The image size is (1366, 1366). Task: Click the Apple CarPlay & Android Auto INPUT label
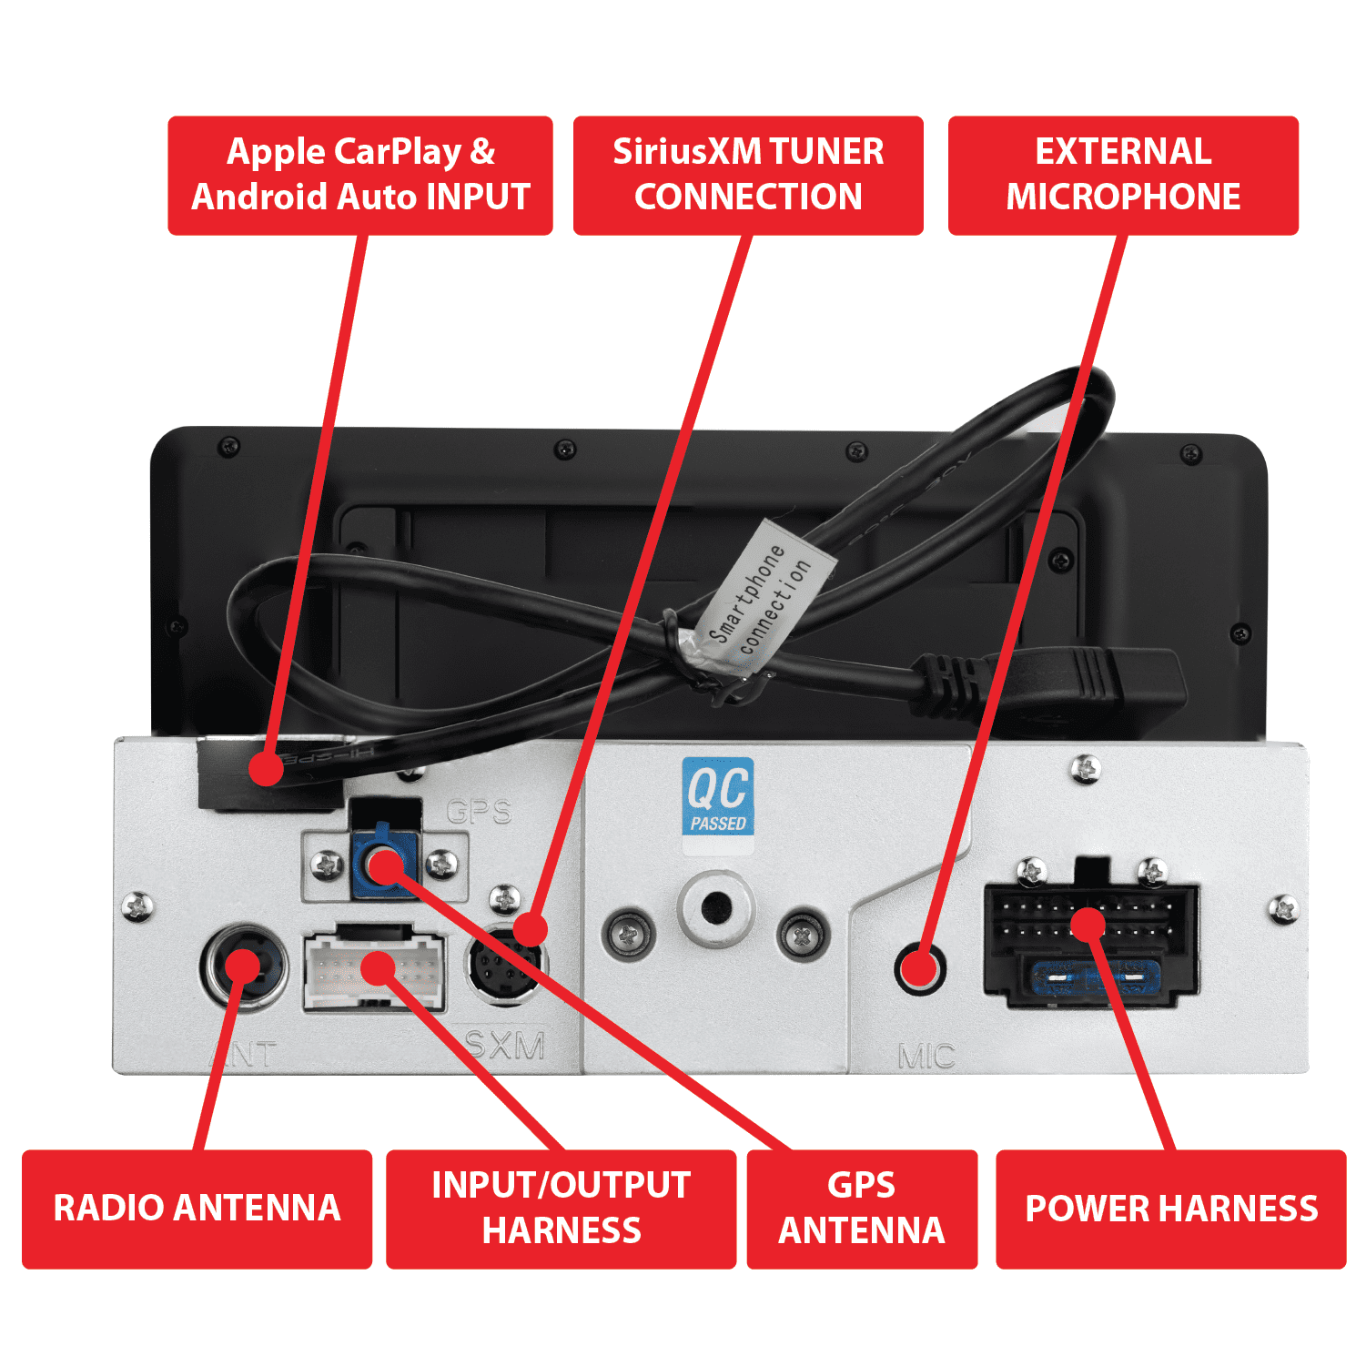tap(360, 175)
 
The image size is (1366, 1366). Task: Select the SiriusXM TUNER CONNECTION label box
tap(748, 175)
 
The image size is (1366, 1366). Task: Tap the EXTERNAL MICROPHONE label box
tap(1123, 175)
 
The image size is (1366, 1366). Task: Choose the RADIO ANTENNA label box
tap(197, 1209)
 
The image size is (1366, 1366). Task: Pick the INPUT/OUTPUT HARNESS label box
tap(561, 1209)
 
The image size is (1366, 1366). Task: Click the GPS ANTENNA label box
tap(862, 1209)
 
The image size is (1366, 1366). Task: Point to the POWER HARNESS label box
tap(1170, 1209)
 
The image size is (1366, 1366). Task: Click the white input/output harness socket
tap(375, 970)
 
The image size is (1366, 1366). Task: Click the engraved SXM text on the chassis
tap(505, 1046)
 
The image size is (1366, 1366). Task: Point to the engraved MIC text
tap(926, 1056)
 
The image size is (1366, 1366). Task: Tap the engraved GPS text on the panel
tap(480, 811)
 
